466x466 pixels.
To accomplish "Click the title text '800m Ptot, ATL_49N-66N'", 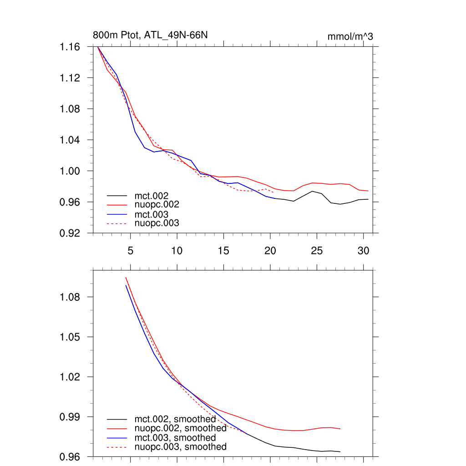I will [x=151, y=35].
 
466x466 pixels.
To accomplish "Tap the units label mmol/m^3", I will [x=350, y=37].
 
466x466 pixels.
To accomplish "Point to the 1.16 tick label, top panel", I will [x=70, y=47].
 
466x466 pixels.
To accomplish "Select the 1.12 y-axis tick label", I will [x=70, y=78].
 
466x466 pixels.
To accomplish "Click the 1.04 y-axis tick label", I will [x=70, y=140].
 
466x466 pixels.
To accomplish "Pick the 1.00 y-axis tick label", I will [x=70, y=171].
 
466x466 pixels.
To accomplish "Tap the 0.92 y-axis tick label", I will [x=70, y=233].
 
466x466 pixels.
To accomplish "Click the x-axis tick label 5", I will [x=130, y=251].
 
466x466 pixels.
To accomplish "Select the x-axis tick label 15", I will [x=223, y=251].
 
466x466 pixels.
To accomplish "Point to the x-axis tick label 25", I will [x=317, y=251].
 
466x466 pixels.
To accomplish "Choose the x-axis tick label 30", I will [x=363, y=251].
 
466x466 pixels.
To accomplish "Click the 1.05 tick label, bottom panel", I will [x=70, y=337].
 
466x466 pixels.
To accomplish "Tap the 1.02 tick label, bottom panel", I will [x=70, y=377].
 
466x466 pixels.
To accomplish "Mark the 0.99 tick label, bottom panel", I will [x=70, y=417].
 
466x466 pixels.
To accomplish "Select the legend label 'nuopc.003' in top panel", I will [x=157, y=223].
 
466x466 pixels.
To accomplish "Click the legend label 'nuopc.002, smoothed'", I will [x=180, y=428].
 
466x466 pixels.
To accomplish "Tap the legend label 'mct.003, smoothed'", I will [x=175, y=437].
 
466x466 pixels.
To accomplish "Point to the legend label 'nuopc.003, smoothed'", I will [x=180, y=447].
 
